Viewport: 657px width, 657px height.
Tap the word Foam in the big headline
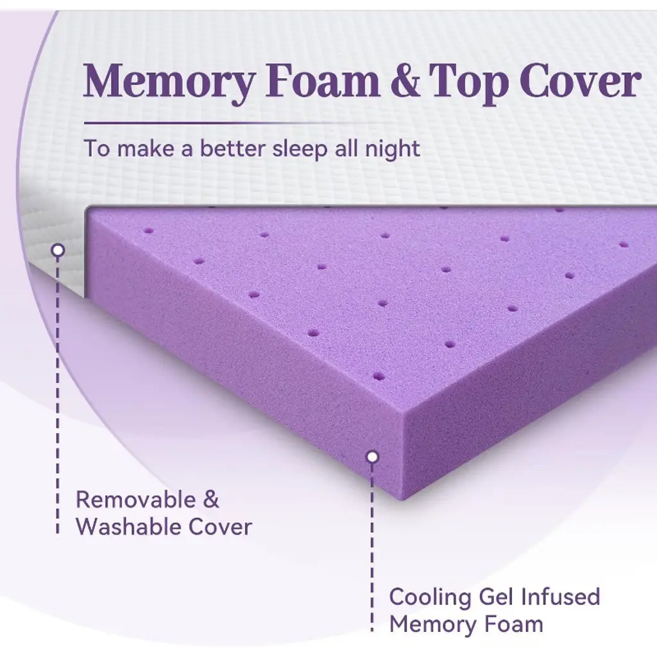point(323,80)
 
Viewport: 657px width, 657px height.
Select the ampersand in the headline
point(405,80)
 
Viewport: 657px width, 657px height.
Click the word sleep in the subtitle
point(300,149)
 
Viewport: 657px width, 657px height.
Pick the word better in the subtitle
point(232,148)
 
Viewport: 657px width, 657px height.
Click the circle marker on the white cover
point(58,251)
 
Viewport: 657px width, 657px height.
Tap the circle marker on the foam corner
point(372,457)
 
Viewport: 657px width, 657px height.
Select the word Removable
point(136,499)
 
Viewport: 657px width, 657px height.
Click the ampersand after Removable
point(211,499)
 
